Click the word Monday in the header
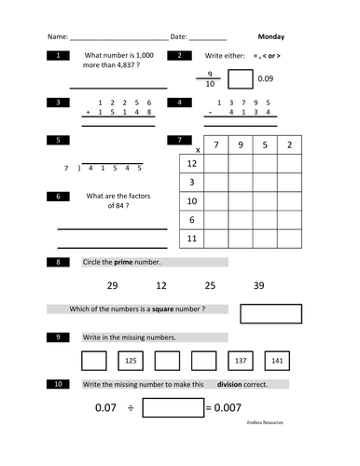tap(271, 37)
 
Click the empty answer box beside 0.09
tap(240, 79)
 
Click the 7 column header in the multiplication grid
tap(216, 145)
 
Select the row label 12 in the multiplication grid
tap(191, 164)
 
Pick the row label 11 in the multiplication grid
tap(191, 239)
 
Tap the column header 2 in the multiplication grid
tap(290, 145)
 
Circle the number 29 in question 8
tap(113, 285)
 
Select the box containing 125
tap(132, 360)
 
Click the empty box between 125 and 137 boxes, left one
tap(167, 360)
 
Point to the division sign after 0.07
tap(132, 408)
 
